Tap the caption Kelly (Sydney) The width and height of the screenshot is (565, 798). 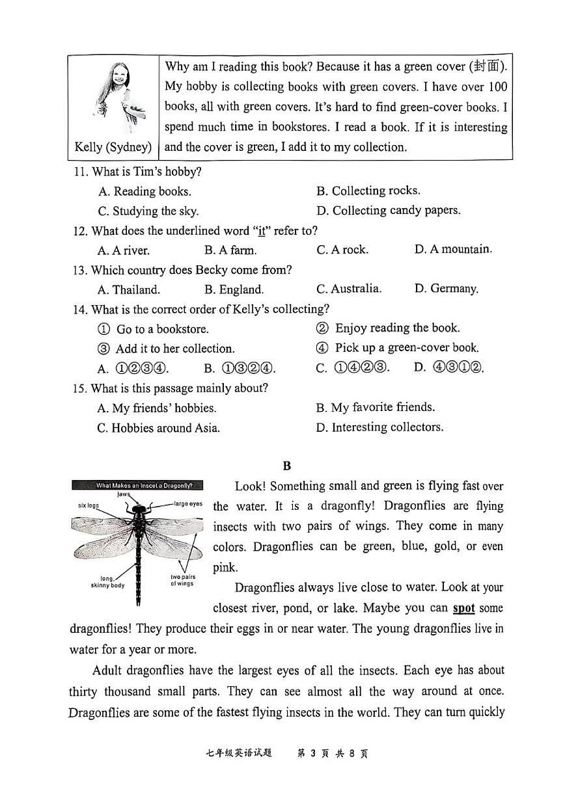click(113, 147)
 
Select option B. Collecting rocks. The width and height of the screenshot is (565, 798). click(368, 191)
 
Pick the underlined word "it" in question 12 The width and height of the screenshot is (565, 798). click(262, 231)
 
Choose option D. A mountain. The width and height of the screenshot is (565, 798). click(453, 249)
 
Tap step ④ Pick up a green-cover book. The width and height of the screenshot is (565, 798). click(398, 348)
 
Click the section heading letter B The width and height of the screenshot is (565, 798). click(287, 466)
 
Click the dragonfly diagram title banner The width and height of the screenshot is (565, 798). click(137, 485)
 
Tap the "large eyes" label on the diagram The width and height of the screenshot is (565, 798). click(188, 503)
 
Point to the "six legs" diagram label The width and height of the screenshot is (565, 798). click(89, 505)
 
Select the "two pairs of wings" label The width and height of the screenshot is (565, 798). click(182, 581)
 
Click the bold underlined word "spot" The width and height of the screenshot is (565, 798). click(463, 608)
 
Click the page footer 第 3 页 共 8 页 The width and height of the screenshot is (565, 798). click(332, 754)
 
